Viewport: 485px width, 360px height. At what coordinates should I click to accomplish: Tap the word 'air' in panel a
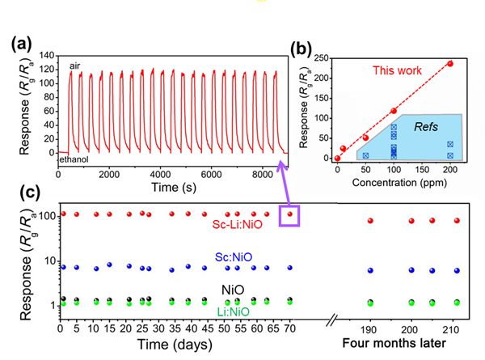tap(74, 66)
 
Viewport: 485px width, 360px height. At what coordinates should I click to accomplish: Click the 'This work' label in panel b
tap(398, 71)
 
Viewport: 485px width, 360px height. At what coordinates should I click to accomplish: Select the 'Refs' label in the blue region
tap(425, 128)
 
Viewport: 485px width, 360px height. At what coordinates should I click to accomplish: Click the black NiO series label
tap(231, 289)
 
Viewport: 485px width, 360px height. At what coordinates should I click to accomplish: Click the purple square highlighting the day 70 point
tap(289, 215)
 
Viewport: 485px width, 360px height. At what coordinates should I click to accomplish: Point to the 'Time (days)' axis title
tap(164, 345)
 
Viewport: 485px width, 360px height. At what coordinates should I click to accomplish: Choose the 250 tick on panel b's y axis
tap(322, 57)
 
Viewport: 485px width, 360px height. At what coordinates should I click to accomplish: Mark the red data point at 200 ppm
tap(450, 64)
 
